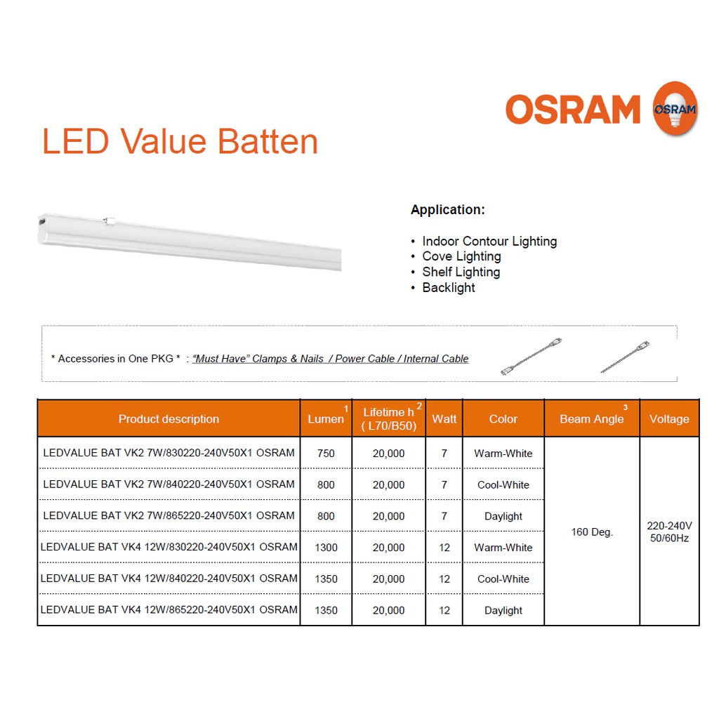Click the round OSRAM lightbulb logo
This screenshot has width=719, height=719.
675,109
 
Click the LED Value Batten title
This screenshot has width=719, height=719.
180,141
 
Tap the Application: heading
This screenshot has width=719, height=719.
447,209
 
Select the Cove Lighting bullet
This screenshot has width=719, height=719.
461,256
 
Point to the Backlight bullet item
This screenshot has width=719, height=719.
449,287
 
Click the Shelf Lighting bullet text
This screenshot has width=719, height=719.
461,272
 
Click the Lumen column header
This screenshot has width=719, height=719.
326,418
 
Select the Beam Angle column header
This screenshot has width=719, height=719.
591,418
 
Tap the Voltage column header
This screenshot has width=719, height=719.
669,418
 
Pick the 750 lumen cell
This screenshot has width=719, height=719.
326,453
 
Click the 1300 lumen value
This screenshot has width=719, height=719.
326,548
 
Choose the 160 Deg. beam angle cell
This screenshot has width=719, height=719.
591,532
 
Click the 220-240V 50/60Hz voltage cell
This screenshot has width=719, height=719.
669,532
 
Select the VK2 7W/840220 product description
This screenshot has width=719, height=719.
169,484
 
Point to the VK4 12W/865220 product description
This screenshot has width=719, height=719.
169,610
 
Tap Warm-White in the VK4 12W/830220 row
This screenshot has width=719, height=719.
503,548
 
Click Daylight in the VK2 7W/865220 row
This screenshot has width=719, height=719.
503,516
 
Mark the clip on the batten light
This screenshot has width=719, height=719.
109,221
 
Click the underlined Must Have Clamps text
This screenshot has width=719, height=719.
258,359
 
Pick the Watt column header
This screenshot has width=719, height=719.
444,418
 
